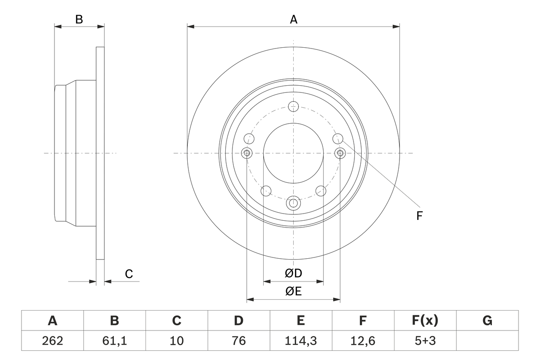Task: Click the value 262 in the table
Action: [x=52, y=341]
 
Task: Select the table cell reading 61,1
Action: [x=114, y=341]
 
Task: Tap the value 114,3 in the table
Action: [x=300, y=341]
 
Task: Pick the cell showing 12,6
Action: [x=362, y=341]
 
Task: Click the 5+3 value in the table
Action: [x=424, y=341]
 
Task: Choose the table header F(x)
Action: [x=424, y=321]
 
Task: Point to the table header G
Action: [x=487, y=321]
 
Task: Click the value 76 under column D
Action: [x=238, y=341]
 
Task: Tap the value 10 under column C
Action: [x=176, y=341]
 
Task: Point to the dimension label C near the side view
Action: [x=129, y=274]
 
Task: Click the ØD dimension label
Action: [x=294, y=273]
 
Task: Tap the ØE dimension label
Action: [x=294, y=292]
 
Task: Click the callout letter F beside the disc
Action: [x=419, y=216]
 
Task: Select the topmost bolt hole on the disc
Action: [x=293, y=106]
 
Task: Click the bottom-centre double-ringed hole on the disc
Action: [x=293, y=203]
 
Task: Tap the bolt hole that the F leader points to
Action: [x=338, y=138]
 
